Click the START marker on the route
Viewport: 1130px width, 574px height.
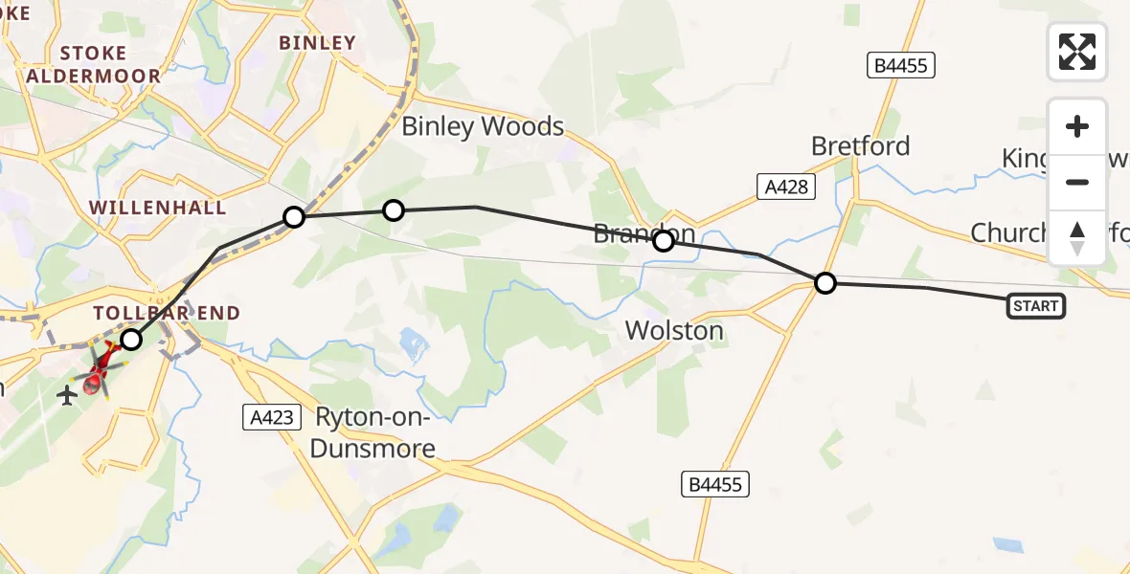[x=1035, y=306]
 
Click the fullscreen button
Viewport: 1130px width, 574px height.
[x=1077, y=52]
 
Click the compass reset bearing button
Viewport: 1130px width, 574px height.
[x=1077, y=238]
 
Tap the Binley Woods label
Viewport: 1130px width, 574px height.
[x=483, y=126]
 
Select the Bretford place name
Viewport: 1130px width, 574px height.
[x=860, y=146]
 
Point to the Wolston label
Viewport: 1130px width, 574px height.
[x=674, y=331]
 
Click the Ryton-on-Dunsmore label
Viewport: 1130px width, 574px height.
[x=375, y=432]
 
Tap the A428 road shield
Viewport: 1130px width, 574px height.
[x=787, y=188]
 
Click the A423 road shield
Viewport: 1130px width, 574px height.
[x=272, y=416]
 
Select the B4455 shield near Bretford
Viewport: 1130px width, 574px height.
[x=900, y=65]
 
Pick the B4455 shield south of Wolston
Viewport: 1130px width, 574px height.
[x=715, y=484]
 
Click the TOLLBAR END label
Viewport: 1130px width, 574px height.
[x=167, y=313]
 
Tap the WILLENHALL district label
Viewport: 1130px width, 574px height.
[x=158, y=208]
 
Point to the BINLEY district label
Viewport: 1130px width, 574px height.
[x=317, y=42]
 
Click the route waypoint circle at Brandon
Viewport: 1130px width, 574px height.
[x=663, y=241]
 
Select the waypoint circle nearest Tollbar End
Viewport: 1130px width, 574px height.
[x=130, y=340]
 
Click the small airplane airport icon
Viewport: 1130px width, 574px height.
[x=66, y=394]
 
